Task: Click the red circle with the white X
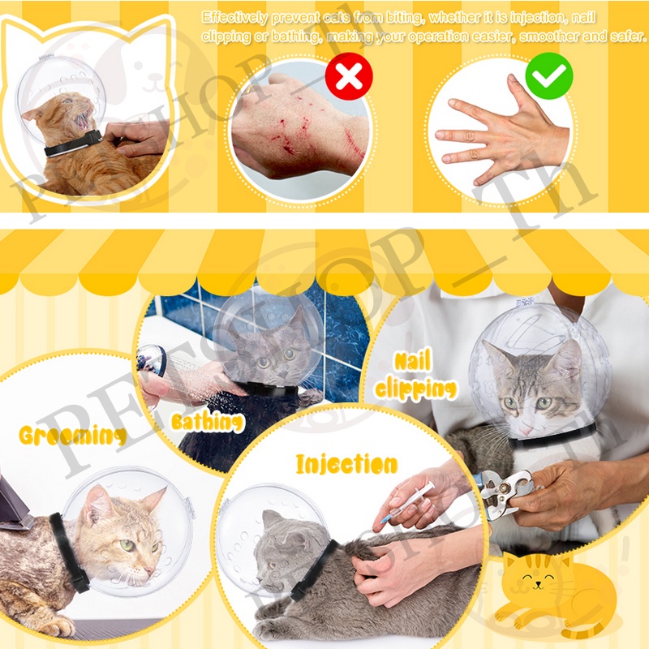click(349, 76)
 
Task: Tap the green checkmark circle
click(549, 75)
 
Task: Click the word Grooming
click(73, 435)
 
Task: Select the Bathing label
click(208, 422)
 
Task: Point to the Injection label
click(347, 463)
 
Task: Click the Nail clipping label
click(415, 376)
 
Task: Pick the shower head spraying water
click(152, 359)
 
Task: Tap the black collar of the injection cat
click(313, 569)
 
